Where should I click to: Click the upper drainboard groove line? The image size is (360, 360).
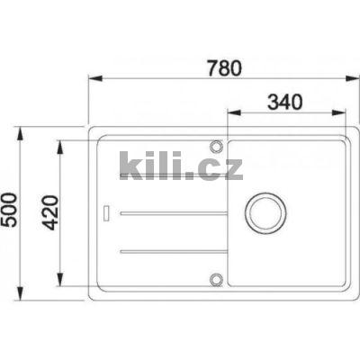(x=171, y=213)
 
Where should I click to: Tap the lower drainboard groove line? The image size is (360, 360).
(x=171, y=248)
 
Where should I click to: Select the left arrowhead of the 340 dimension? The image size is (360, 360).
(x=229, y=112)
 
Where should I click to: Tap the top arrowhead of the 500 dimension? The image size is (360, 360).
(x=22, y=130)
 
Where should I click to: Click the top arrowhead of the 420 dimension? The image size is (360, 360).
(x=60, y=143)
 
